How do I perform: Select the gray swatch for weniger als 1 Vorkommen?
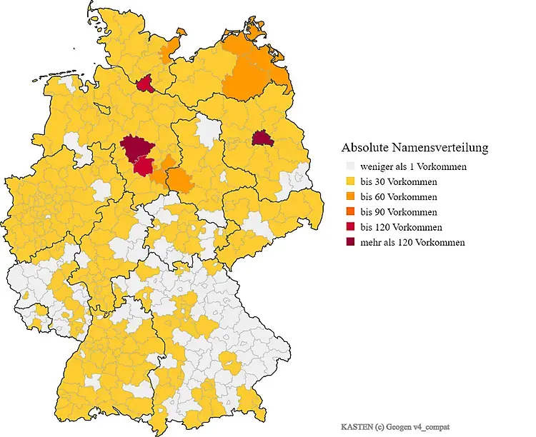pos(349,166)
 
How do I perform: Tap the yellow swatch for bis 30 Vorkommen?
pos(349,181)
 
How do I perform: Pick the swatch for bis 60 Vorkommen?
pos(349,196)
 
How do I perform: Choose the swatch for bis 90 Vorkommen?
pos(349,212)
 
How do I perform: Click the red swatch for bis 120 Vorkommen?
pos(349,227)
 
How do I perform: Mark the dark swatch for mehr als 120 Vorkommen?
pos(349,242)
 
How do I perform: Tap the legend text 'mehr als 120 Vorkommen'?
pos(412,242)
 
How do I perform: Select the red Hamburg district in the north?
pos(145,85)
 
